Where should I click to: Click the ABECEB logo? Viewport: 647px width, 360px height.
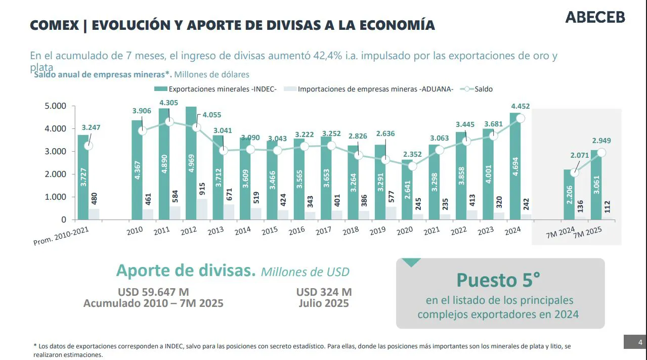pyautogui.click(x=595, y=17)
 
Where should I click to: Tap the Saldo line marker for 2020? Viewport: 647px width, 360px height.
pyautogui.click(x=413, y=166)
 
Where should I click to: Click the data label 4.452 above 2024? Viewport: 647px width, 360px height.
pyautogui.click(x=520, y=106)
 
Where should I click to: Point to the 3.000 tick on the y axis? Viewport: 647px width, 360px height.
pyautogui.click(x=56, y=151)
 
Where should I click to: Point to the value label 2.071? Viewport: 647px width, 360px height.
pyautogui.click(x=579, y=155)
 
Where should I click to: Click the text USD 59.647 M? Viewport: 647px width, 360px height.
pyautogui.click(x=153, y=292)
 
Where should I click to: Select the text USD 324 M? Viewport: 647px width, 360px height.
pyautogui.click(x=324, y=292)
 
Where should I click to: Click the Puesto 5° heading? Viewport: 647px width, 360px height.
pyautogui.click(x=498, y=280)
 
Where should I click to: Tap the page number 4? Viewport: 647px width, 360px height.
pyautogui.click(x=640, y=342)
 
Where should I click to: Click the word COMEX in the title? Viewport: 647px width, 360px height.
pyautogui.click(x=54, y=25)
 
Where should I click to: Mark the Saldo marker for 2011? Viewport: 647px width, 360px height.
pyautogui.click(x=169, y=122)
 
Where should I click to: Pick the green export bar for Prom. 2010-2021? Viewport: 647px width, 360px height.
pyautogui.click(x=83, y=177)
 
